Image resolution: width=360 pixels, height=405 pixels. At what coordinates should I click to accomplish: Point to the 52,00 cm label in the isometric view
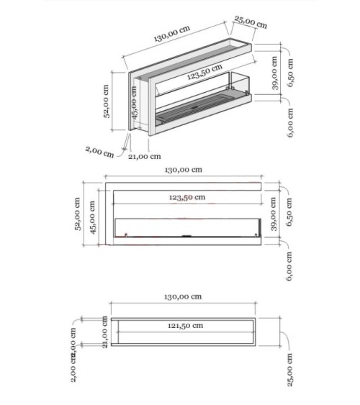(106, 103)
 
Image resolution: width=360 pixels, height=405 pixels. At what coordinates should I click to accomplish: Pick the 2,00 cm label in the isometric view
(99, 152)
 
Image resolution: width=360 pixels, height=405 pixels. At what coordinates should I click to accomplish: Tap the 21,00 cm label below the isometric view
(145, 155)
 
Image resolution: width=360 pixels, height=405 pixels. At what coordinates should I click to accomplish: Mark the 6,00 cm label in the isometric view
(290, 123)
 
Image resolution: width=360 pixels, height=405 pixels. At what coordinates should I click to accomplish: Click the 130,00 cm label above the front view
(183, 170)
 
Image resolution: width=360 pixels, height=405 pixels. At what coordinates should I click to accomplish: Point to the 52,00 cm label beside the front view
(79, 215)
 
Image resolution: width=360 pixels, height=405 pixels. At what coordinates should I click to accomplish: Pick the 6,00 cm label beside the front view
(290, 265)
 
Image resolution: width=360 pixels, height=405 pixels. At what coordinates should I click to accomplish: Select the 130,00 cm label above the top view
(182, 297)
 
